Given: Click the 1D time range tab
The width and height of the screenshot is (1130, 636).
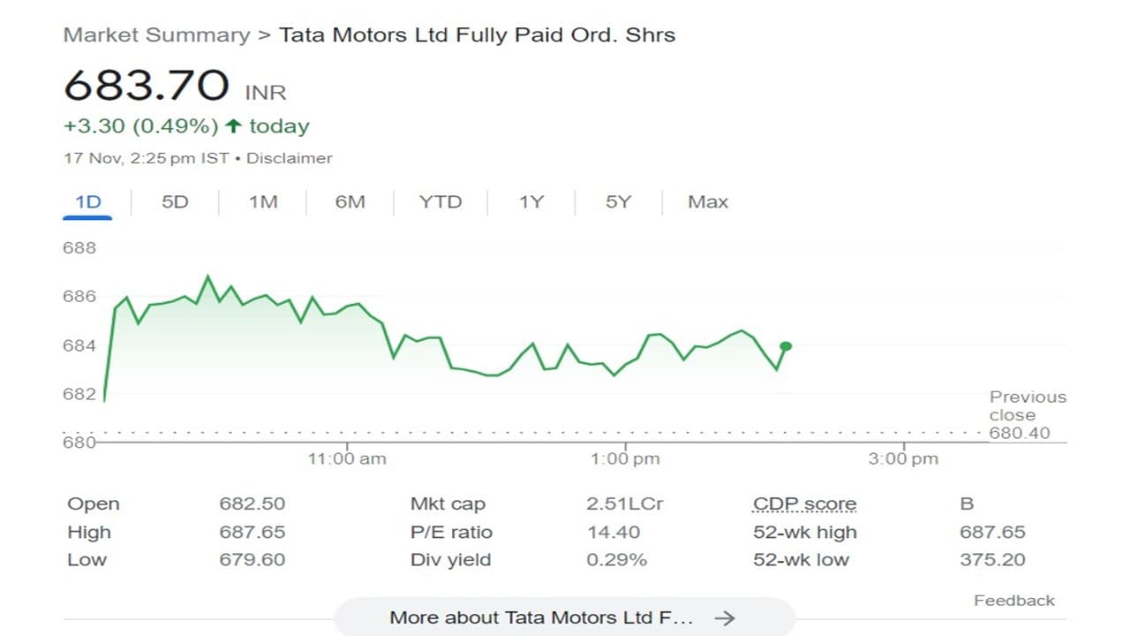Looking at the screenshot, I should (x=88, y=202).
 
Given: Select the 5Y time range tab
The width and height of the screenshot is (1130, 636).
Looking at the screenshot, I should (x=618, y=202).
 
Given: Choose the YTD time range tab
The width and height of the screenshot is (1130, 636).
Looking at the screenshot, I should (x=441, y=202).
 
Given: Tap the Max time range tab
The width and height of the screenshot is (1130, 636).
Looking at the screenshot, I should (x=708, y=202).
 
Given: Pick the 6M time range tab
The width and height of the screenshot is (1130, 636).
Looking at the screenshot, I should (x=350, y=202).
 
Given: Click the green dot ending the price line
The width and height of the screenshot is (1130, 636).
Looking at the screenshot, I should (x=786, y=346).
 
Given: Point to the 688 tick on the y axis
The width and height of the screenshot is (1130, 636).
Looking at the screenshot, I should (x=79, y=248).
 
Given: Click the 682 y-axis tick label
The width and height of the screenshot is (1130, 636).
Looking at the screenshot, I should (x=79, y=394).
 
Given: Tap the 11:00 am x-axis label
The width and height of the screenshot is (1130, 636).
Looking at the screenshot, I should (x=347, y=458).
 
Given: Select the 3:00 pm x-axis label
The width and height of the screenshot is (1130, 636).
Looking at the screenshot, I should (x=903, y=458).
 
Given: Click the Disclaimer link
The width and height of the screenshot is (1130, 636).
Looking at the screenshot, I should (x=290, y=159).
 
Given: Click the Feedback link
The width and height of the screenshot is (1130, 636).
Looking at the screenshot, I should (x=1014, y=601).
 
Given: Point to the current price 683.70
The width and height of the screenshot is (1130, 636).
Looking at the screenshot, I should (x=147, y=87).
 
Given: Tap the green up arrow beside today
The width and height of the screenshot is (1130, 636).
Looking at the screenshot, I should (x=233, y=126).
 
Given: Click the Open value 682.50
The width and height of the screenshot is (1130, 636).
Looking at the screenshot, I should (x=252, y=504).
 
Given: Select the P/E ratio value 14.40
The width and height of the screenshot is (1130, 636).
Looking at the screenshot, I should (x=614, y=533).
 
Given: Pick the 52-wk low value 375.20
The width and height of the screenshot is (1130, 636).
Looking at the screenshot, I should (x=993, y=560).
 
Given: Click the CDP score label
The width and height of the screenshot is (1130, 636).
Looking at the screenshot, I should (x=804, y=504).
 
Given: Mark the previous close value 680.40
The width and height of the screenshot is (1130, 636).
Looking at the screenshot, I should (x=1020, y=433).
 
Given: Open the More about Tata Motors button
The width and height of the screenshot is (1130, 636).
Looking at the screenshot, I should (x=564, y=617).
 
